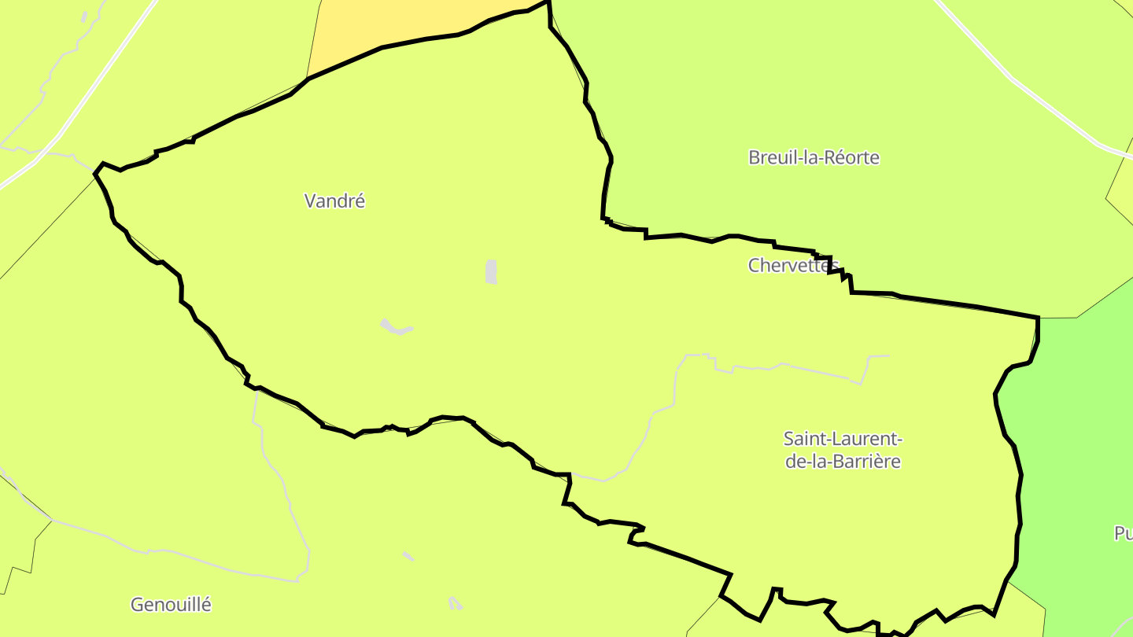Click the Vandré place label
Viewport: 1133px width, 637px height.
point(334,201)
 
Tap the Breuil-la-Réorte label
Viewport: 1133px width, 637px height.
point(814,157)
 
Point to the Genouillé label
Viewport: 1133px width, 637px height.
point(171,605)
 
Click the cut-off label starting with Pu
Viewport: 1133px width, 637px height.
point(1123,534)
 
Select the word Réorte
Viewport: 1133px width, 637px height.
point(852,157)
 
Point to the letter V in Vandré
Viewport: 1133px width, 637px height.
point(310,201)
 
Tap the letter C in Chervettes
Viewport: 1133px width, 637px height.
point(754,266)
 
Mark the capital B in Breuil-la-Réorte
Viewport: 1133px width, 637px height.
point(754,157)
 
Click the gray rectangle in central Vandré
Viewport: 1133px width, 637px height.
point(492,271)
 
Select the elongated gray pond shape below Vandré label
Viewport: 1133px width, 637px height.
point(396,327)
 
